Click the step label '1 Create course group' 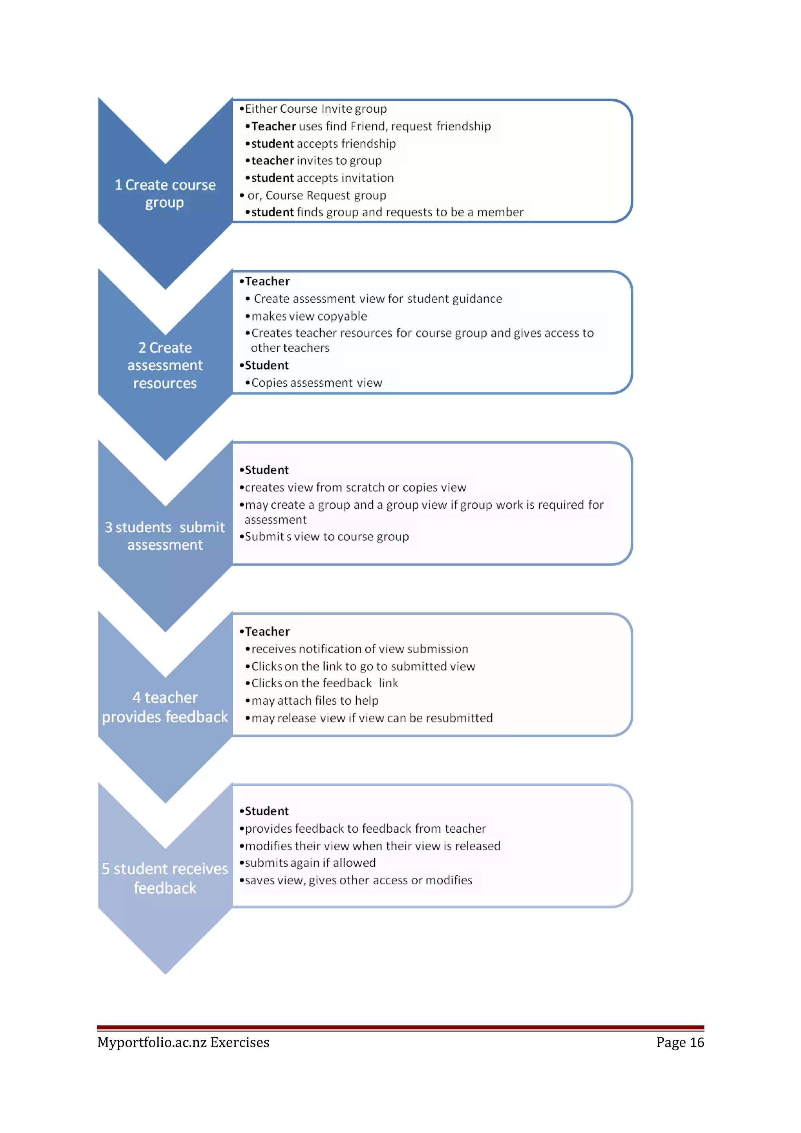click(165, 194)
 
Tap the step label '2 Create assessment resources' click(165, 365)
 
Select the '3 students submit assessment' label click(165, 536)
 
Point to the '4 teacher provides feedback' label click(165, 706)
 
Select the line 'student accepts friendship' click(323, 143)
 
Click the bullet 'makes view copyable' click(309, 316)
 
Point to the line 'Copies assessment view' click(316, 383)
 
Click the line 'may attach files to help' click(315, 701)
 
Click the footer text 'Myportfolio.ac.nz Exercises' click(183, 1042)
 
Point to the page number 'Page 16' click(680, 1042)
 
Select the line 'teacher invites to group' click(316, 161)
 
